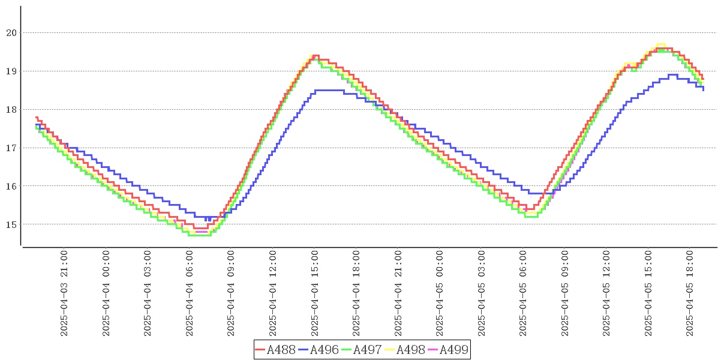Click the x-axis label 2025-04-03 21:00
point(64,294)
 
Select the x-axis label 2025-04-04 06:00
point(190,294)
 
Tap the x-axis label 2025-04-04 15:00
point(315,294)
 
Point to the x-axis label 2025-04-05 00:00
point(440,294)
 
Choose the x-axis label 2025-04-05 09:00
point(565,294)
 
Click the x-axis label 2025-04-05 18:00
point(690,294)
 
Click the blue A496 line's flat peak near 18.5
point(329,90)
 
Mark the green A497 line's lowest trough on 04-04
point(199,235)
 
